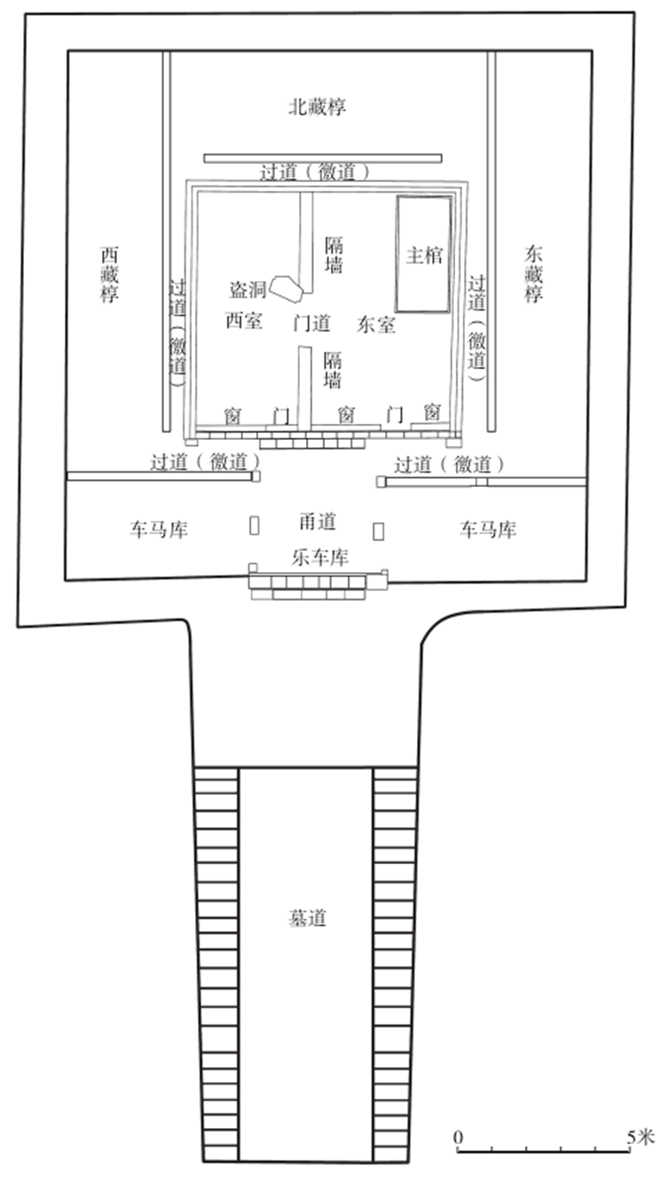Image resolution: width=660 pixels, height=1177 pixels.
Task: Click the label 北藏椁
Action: coord(317,107)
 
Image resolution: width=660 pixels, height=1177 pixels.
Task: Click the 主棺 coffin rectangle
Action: coord(423,255)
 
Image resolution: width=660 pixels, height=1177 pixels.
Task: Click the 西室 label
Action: coord(244,321)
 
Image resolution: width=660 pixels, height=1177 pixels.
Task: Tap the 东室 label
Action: coord(376,325)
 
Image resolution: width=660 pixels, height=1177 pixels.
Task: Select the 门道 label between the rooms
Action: coord(311,322)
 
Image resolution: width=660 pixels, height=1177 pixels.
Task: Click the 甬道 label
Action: coord(317,522)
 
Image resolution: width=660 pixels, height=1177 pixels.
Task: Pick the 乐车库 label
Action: coord(319,558)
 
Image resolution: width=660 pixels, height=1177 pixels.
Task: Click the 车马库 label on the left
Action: coord(159,530)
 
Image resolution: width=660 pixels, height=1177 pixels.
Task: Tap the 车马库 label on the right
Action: coord(487,530)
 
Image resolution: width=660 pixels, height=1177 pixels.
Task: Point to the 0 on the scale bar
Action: coord(458,1137)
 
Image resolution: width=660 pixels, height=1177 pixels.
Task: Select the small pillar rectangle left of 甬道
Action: coord(254,525)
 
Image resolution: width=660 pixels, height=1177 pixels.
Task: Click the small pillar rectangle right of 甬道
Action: coord(379,531)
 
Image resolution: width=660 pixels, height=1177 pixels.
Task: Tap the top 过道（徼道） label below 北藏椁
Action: coord(314,172)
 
